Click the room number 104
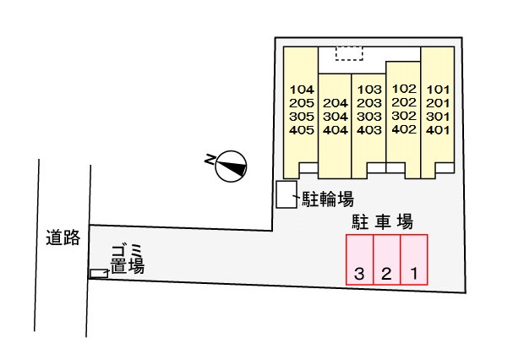(302, 90)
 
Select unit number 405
(302, 130)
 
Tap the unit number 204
(336, 103)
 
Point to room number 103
(369, 89)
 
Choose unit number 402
(404, 129)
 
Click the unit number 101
(437, 89)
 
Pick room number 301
(437, 117)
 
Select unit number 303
(369, 117)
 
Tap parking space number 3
(360, 273)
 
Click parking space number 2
(386, 273)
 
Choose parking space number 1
(414, 273)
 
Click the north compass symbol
(230, 166)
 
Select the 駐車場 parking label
(382, 221)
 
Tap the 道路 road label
(63, 238)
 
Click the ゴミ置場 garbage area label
(126, 259)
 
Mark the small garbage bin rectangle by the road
(99, 273)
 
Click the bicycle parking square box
(287, 194)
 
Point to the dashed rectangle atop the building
(348, 52)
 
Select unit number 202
(404, 102)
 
